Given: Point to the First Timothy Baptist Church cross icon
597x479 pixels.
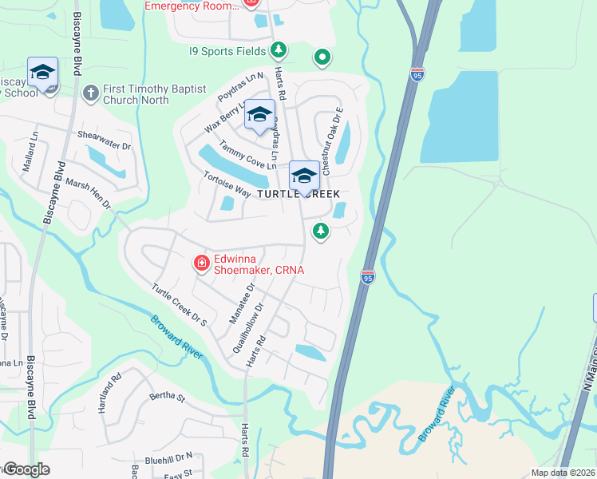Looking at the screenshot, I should coord(90,93).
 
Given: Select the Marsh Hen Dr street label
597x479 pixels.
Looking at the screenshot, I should coord(89,194).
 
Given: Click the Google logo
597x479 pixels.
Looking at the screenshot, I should coord(26,469).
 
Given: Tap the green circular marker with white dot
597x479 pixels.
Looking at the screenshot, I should coord(322,57).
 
